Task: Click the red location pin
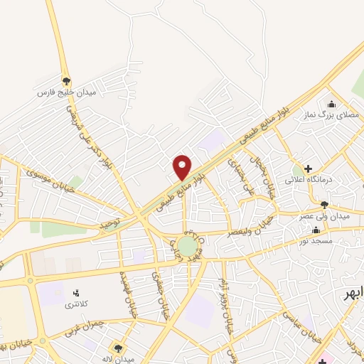tap(183, 166)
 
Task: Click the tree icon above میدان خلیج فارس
tap(66, 81)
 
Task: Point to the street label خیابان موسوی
tap(48, 181)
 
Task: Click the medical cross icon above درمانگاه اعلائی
tap(308, 169)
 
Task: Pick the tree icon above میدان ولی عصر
tap(325, 205)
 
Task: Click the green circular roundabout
tap(187, 246)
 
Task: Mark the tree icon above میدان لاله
tap(118, 348)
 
